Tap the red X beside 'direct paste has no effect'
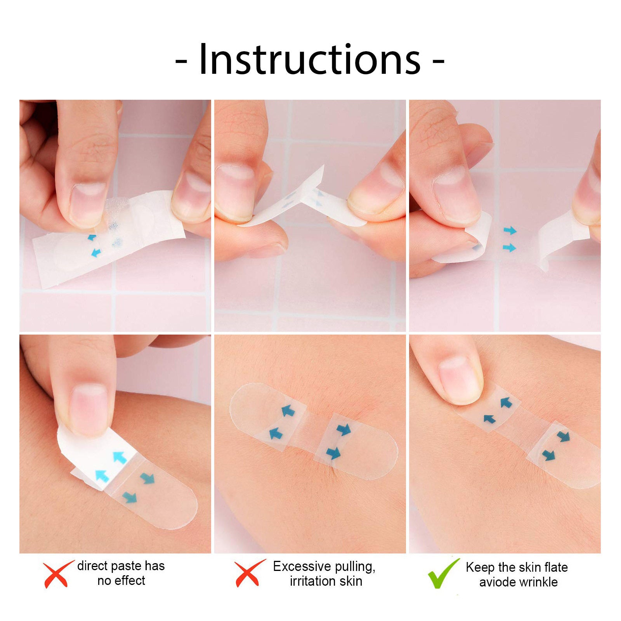pyautogui.click(x=57, y=574)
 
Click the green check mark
pyautogui.click(x=443, y=573)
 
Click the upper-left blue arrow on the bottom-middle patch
pyautogui.click(x=288, y=410)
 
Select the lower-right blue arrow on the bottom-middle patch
pyautogui.click(x=333, y=453)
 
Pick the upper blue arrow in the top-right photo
pyautogui.click(x=510, y=231)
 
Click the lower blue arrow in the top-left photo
pyautogui.click(x=95, y=253)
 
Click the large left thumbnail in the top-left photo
pyautogui.click(x=88, y=204)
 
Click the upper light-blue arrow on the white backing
pyautogui.click(x=120, y=457)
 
